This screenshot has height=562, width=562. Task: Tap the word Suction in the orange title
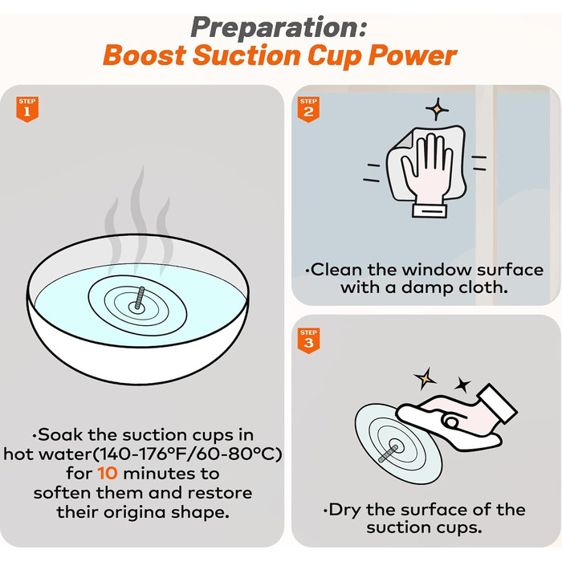click(x=246, y=55)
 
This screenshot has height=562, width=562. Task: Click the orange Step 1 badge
click(x=27, y=109)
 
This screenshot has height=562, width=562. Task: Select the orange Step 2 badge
click(x=308, y=109)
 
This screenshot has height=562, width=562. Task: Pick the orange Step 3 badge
click(x=308, y=340)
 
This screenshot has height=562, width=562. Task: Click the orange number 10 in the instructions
click(x=107, y=473)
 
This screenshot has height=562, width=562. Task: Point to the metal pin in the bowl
click(x=140, y=298)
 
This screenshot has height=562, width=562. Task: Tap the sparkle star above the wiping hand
click(x=437, y=109)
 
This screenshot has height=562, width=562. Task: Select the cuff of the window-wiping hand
click(x=430, y=210)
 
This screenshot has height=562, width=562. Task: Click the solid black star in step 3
click(x=462, y=385)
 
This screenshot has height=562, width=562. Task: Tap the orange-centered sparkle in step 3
click(x=425, y=378)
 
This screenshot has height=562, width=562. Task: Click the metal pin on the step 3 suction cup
click(x=389, y=453)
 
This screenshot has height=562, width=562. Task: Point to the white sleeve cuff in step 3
click(x=496, y=403)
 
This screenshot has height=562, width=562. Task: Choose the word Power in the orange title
click(x=412, y=55)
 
